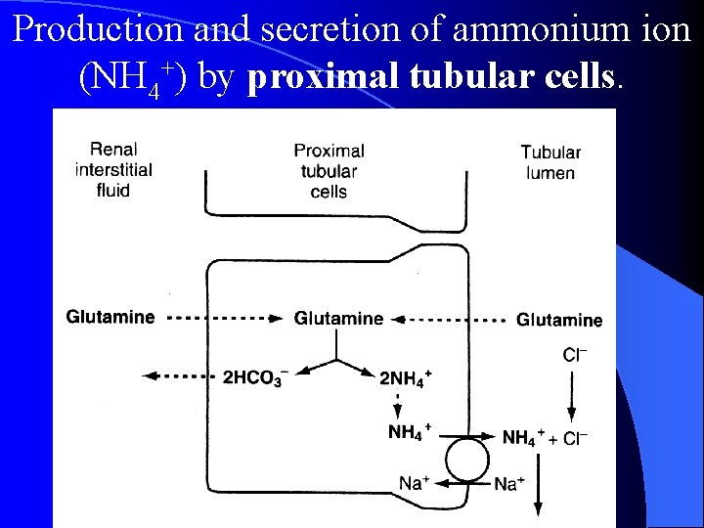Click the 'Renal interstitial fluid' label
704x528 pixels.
[x=113, y=170]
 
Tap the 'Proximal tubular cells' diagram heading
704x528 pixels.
[x=329, y=171]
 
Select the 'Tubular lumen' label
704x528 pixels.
[x=550, y=162]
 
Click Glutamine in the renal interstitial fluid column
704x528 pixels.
[x=110, y=317]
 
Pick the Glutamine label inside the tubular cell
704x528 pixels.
[x=338, y=318]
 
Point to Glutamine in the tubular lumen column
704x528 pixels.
[x=559, y=320]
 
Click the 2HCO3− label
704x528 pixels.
[x=253, y=377]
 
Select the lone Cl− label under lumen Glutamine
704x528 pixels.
[x=576, y=356]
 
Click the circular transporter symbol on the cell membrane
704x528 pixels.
[x=467, y=458]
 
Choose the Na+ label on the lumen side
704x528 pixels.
[x=509, y=483]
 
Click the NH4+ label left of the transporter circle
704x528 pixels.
[x=410, y=431]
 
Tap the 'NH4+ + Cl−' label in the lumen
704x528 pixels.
[x=545, y=437]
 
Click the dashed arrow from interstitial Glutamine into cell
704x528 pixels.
[x=224, y=318]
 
